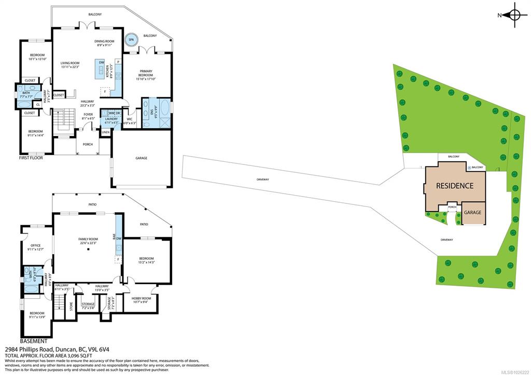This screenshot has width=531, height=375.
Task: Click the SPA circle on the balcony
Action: click(131, 39)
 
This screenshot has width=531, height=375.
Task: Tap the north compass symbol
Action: click(514, 15)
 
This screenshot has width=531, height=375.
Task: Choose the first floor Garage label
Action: click(141, 158)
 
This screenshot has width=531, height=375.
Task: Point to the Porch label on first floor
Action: click(88, 144)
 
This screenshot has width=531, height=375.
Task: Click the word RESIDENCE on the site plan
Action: click(454, 185)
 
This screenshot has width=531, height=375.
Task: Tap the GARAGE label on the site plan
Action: click(472, 213)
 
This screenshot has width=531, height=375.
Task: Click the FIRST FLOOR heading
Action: click(31, 158)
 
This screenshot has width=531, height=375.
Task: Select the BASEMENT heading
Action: click(33, 341)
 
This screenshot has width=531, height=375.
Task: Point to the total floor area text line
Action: click(48, 356)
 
